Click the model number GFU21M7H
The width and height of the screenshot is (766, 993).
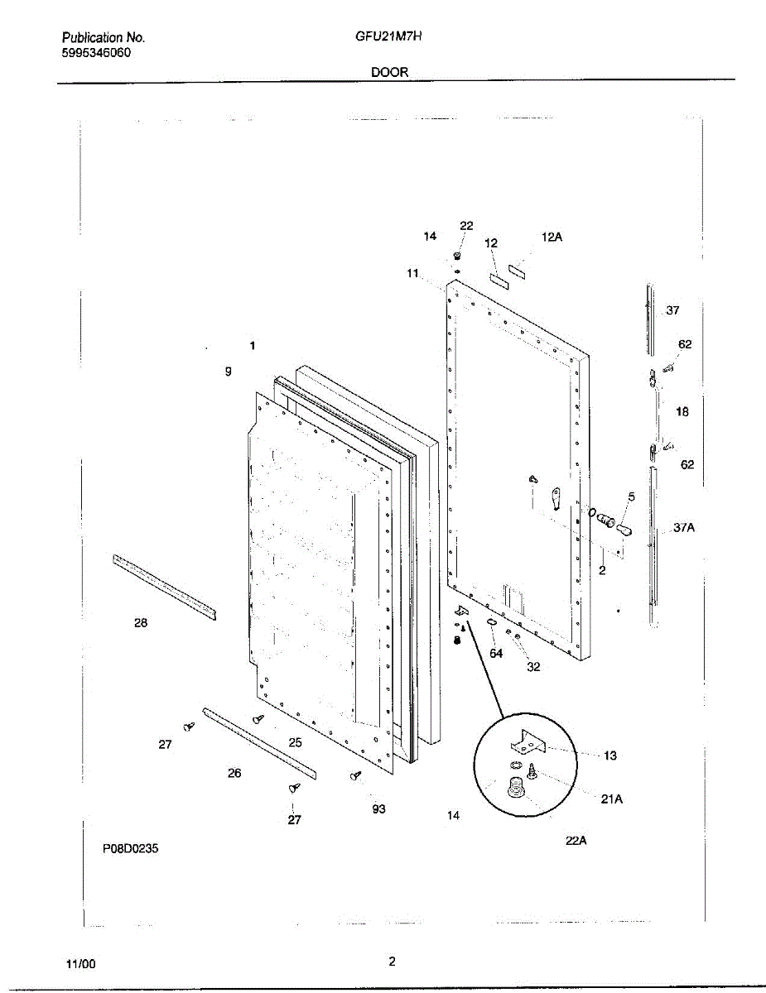tap(388, 37)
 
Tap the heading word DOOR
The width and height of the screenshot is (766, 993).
tap(389, 72)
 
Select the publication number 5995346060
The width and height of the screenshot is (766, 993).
tap(96, 53)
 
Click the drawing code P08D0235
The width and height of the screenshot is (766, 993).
tap(131, 848)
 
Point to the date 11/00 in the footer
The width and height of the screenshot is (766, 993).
tap(81, 964)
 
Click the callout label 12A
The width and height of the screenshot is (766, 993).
tap(552, 237)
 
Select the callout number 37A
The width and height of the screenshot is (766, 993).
tap(683, 527)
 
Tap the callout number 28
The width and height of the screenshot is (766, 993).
tap(141, 623)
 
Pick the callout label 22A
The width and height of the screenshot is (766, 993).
tap(576, 841)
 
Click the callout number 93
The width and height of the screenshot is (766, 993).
tap(379, 809)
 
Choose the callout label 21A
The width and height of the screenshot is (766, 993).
tap(611, 799)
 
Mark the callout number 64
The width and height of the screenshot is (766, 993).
tap(496, 653)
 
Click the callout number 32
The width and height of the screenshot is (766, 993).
tap(533, 667)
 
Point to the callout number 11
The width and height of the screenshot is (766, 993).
tap(413, 273)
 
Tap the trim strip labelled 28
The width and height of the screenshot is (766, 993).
tap(164, 586)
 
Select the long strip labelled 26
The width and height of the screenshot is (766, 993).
tap(259, 742)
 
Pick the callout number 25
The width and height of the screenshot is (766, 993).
tap(296, 742)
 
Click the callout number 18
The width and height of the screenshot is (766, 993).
tap(682, 411)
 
